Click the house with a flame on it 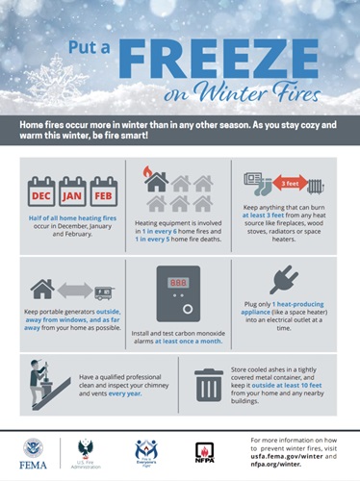tap(154, 182)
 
